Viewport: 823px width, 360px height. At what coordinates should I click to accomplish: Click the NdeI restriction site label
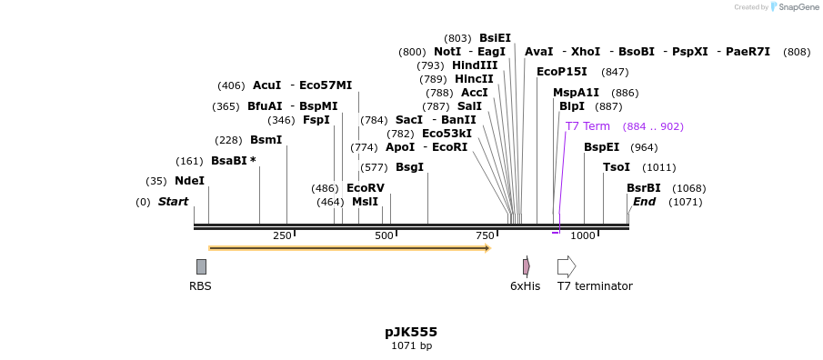(189, 181)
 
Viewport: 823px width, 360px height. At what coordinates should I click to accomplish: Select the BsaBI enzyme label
(229, 161)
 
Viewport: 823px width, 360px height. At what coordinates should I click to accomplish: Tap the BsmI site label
(266, 140)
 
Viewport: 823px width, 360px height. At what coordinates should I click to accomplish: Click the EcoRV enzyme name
(365, 188)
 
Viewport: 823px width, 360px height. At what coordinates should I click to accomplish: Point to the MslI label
(365, 202)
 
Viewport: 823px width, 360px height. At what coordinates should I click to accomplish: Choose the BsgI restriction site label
(409, 167)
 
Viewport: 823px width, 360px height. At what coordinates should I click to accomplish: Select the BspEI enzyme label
(601, 147)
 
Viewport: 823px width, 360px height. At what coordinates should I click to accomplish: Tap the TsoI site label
(616, 167)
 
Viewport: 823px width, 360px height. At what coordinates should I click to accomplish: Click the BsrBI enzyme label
(643, 188)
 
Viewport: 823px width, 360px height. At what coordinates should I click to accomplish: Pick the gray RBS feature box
(201, 266)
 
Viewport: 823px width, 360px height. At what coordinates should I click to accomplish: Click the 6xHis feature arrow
(526, 266)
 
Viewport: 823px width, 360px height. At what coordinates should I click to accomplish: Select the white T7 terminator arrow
(566, 266)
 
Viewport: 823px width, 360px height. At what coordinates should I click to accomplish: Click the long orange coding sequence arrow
(349, 247)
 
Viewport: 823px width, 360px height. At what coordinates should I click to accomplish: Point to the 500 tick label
(384, 236)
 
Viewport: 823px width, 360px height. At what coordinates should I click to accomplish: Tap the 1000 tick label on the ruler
(582, 236)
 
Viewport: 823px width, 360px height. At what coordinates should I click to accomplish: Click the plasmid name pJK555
(411, 332)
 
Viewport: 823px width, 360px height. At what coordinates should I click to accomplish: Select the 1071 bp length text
(411, 345)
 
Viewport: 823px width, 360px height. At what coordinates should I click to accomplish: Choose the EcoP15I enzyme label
(561, 72)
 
